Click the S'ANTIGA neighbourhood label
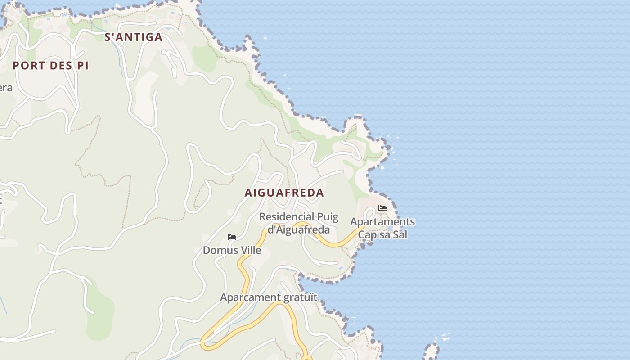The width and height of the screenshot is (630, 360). [x=134, y=37]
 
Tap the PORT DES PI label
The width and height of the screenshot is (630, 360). [x=50, y=66]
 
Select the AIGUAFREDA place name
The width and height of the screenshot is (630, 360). [x=284, y=193]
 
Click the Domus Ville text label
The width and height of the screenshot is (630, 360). [x=232, y=250]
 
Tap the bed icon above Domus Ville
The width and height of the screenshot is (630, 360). [x=232, y=237]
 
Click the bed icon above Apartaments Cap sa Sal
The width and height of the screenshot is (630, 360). [x=382, y=208]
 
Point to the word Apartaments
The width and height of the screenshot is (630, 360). [x=382, y=222]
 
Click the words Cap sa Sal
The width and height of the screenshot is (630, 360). [x=382, y=234]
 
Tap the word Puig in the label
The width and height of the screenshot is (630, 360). [x=328, y=217]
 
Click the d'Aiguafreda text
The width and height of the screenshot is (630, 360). [x=299, y=229]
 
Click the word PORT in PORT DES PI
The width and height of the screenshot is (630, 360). [x=29, y=66]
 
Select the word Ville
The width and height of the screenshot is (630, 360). [x=250, y=250]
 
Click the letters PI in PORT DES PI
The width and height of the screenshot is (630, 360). [x=82, y=66]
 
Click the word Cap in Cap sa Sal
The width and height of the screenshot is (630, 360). [x=367, y=234]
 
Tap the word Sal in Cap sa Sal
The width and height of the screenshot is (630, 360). [x=400, y=234]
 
